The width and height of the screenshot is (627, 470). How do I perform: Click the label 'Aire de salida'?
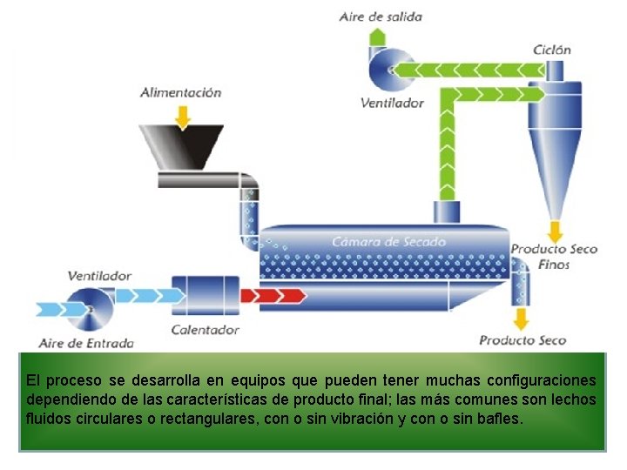pos(381,16)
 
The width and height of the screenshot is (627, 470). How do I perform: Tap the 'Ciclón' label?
pos(552,50)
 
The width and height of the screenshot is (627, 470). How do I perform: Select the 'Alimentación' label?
pos(181,92)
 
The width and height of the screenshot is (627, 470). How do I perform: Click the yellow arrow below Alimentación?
pos(182,115)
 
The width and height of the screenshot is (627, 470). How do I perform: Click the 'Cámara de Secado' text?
pos(388,241)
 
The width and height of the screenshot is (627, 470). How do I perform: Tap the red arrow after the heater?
pos(273,295)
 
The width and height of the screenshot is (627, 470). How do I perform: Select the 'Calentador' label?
pos(206,330)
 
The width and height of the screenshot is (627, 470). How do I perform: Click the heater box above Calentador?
pos(206,296)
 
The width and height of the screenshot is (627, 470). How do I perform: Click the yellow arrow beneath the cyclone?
pos(553,231)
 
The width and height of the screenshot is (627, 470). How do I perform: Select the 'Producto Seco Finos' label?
pos(554,256)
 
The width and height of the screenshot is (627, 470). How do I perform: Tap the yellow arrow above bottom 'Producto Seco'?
pos(522,315)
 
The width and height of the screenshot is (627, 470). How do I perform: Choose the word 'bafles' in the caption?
pos(496,418)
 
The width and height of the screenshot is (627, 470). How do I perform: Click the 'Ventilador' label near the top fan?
pos(392,103)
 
